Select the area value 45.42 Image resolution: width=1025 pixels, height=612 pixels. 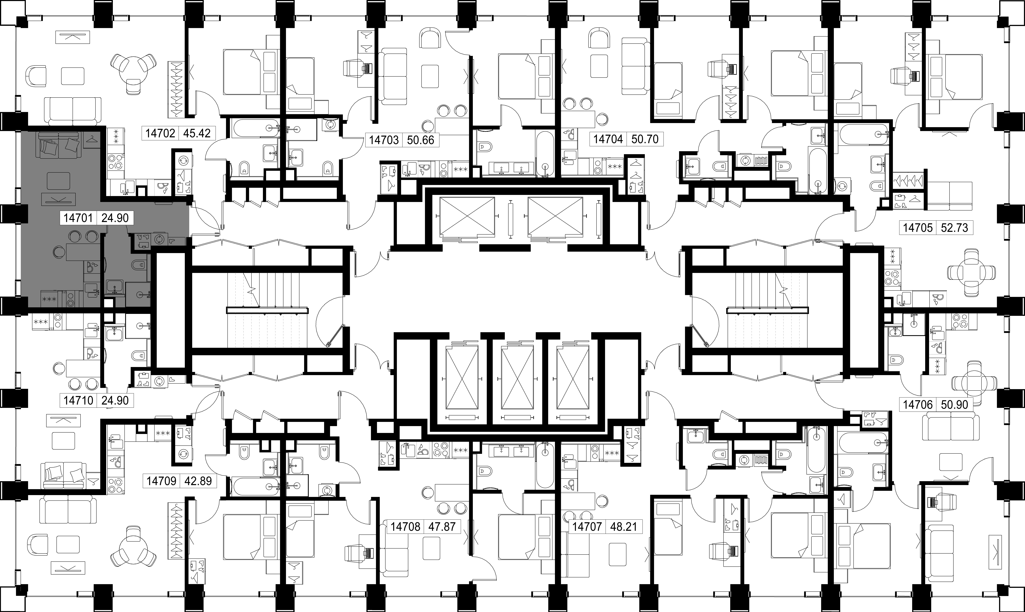click(x=196, y=133)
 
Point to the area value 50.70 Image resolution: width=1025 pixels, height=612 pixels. click(x=645, y=139)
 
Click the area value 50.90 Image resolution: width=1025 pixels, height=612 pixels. click(x=954, y=405)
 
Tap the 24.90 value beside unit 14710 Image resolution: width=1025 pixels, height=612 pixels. click(x=115, y=400)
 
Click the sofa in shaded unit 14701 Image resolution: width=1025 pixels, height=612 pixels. click(x=59, y=146)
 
